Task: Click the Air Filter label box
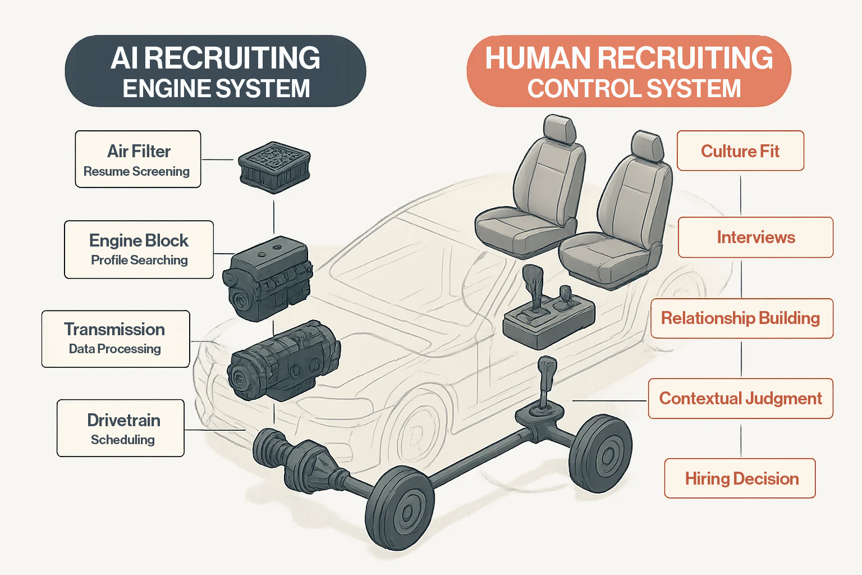pyautogui.click(x=138, y=159)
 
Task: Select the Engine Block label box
pyautogui.click(x=139, y=249)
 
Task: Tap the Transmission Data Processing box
pyautogui.click(x=116, y=339)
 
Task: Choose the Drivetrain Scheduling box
pyautogui.click(x=121, y=428)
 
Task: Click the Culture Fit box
pyautogui.click(x=740, y=151)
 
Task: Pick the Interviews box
pyautogui.click(x=755, y=237)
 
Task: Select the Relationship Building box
pyautogui.click(x=741, y=318)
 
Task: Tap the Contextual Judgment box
pyautogui.click(x=740, y=399)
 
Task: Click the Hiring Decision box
pyautogui.click(x=740, y=478)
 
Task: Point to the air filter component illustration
pyautogui.click(x=274, y=166)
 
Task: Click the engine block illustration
pyautogui.click(x=268, y=277)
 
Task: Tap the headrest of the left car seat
pyautogui.click(x=560, y=130)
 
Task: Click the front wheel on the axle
pyautogui.click(x=400, y=508)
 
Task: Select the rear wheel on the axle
pyautogui.click(x=600, y=454)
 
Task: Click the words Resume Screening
pyautogui.click(x=136, y=171)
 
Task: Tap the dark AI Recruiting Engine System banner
pyautogui.click(x=215, y=71)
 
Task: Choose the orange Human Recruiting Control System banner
pyautogui.click(x=629, y=71)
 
